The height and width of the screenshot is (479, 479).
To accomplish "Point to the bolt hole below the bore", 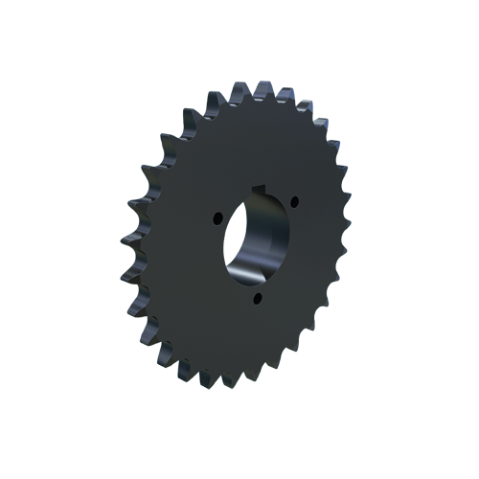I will pyautogui.click(x=259, y=299).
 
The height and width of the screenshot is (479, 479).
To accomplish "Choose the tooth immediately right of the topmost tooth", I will pyautogui.click(x=285, y=94).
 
